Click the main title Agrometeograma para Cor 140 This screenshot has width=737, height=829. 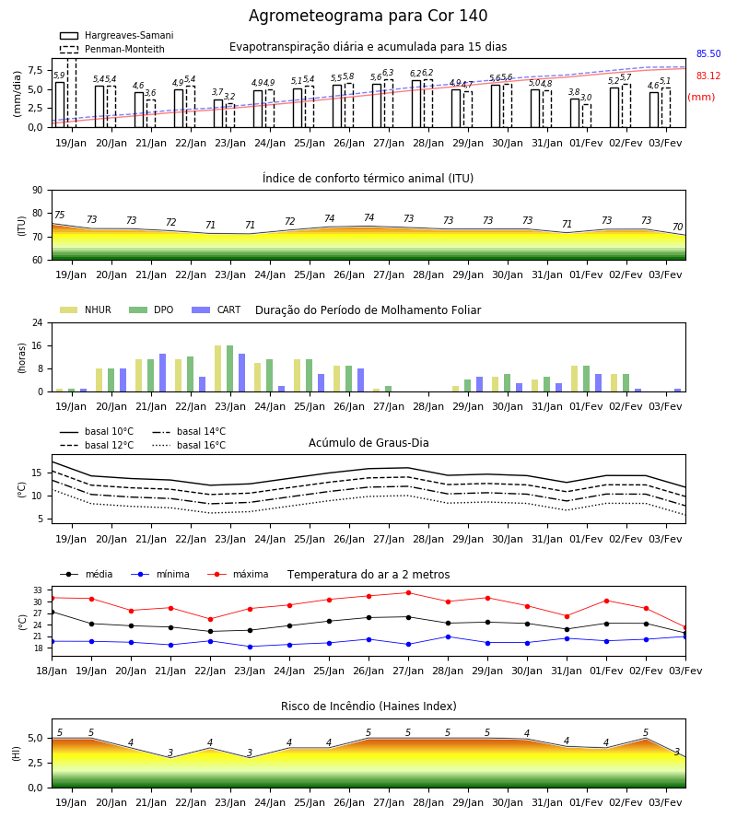(368, 16)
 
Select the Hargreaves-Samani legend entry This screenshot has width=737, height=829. (116, 35)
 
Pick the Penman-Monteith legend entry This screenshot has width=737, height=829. (112, 49)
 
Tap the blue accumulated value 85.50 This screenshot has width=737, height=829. (708, 54)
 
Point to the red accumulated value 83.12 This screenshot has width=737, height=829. (708, 76)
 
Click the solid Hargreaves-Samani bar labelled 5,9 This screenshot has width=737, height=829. (60, 105)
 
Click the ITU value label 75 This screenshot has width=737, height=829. (59, 215)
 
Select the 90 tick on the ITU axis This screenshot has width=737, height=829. (38, 191)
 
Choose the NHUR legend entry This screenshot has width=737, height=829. (86, 309)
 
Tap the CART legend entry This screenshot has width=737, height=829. (216, 309)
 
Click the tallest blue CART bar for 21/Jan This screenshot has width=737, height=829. (162, 373)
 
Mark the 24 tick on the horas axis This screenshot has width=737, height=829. (38, 322)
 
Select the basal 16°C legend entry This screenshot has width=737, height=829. (189, 445)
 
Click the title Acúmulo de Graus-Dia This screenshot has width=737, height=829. (368, 442)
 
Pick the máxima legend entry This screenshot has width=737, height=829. (238, 574)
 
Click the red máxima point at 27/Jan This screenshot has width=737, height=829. (409, 592)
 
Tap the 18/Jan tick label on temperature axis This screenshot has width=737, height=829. (52, 671)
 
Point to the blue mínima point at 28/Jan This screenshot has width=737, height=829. (449, 637)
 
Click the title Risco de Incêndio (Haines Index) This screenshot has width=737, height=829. (368, 706)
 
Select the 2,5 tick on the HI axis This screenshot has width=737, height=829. (36, 763)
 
